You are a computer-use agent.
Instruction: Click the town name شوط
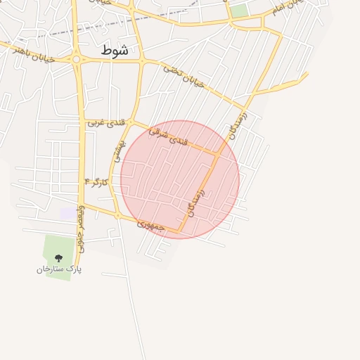115,50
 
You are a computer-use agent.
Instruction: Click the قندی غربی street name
106,122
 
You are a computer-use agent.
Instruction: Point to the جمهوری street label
150,225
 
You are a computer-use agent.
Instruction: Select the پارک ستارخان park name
59,269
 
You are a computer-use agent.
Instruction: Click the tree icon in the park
58,258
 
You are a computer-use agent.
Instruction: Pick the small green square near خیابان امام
240,11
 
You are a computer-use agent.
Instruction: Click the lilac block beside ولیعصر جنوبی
66,213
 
